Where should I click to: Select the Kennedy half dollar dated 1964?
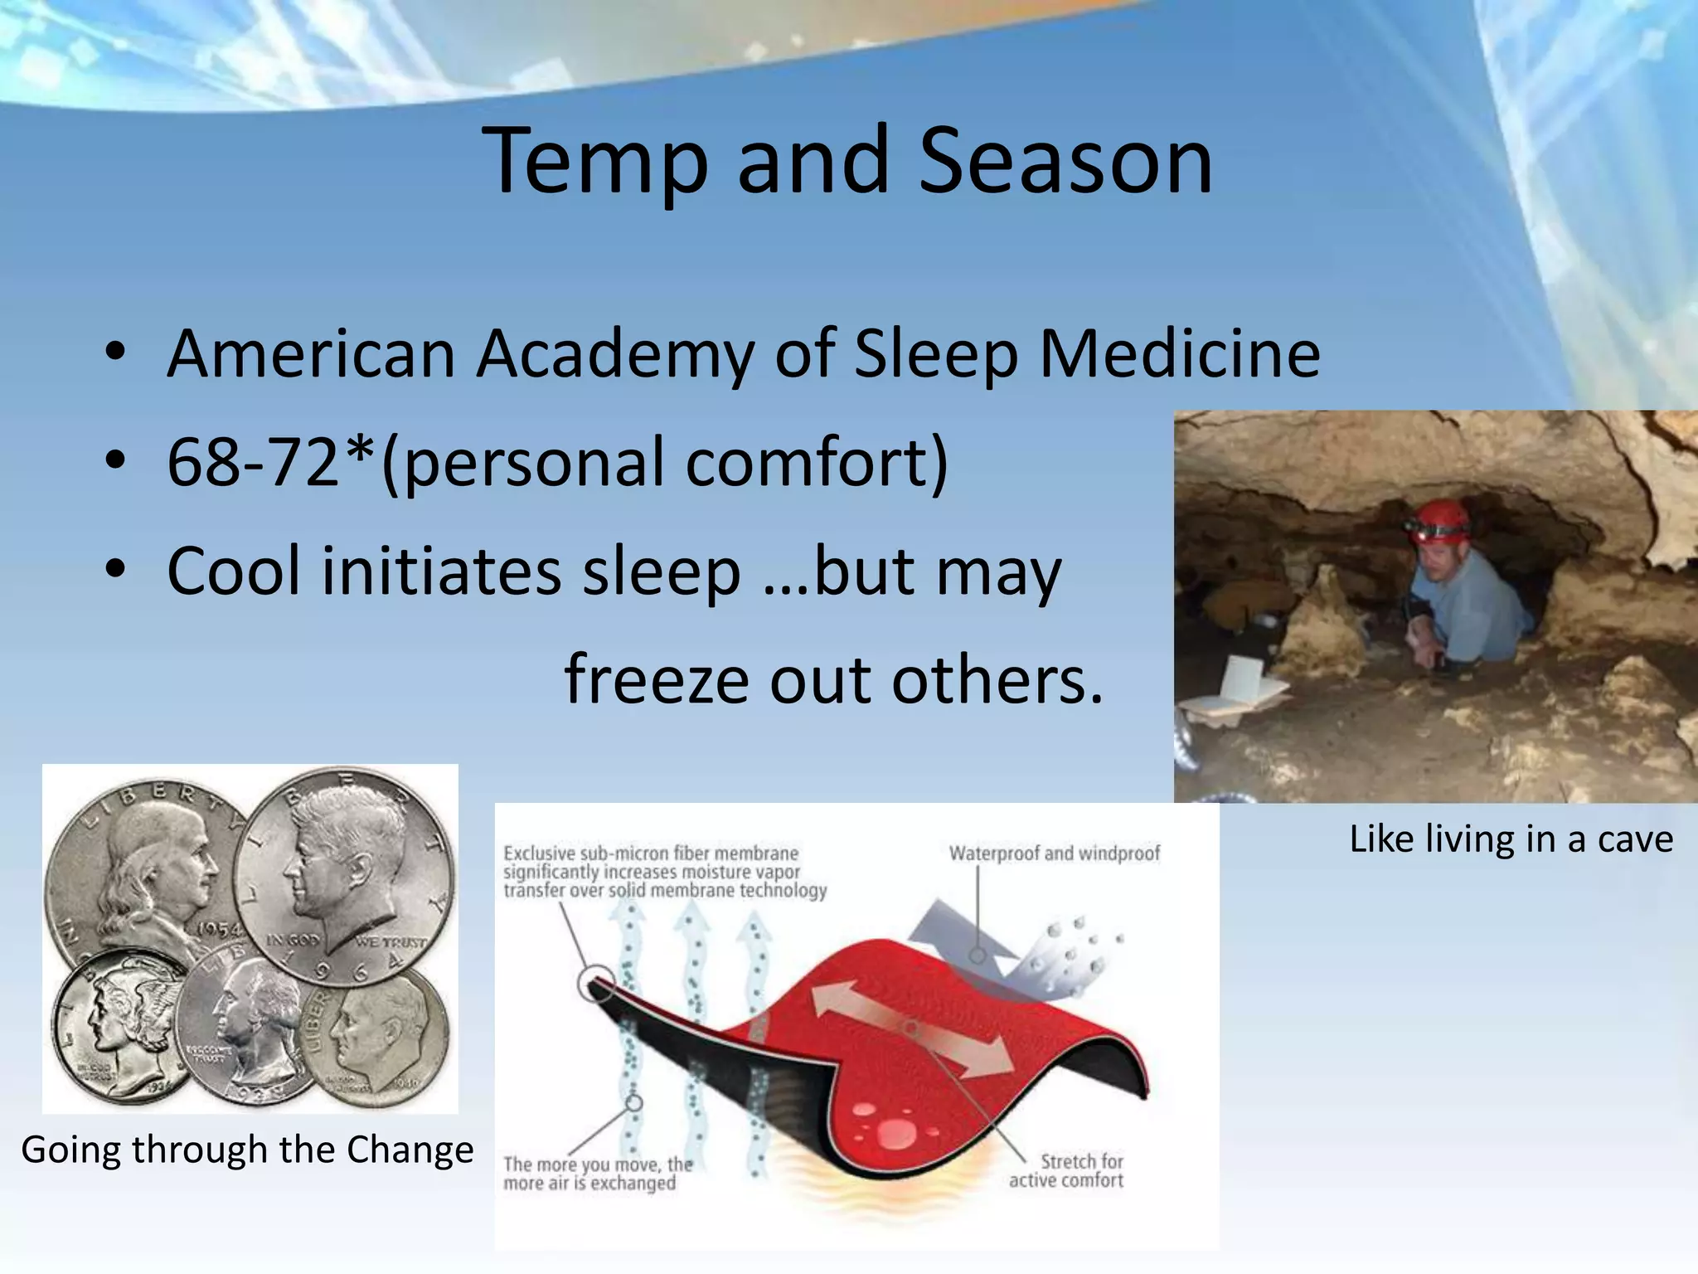[x=344, y=875]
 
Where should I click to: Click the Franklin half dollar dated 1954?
[x=137, y=879]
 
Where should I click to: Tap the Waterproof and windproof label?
[x=1054, y=853]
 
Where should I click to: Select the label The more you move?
[x=597, y=1173]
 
